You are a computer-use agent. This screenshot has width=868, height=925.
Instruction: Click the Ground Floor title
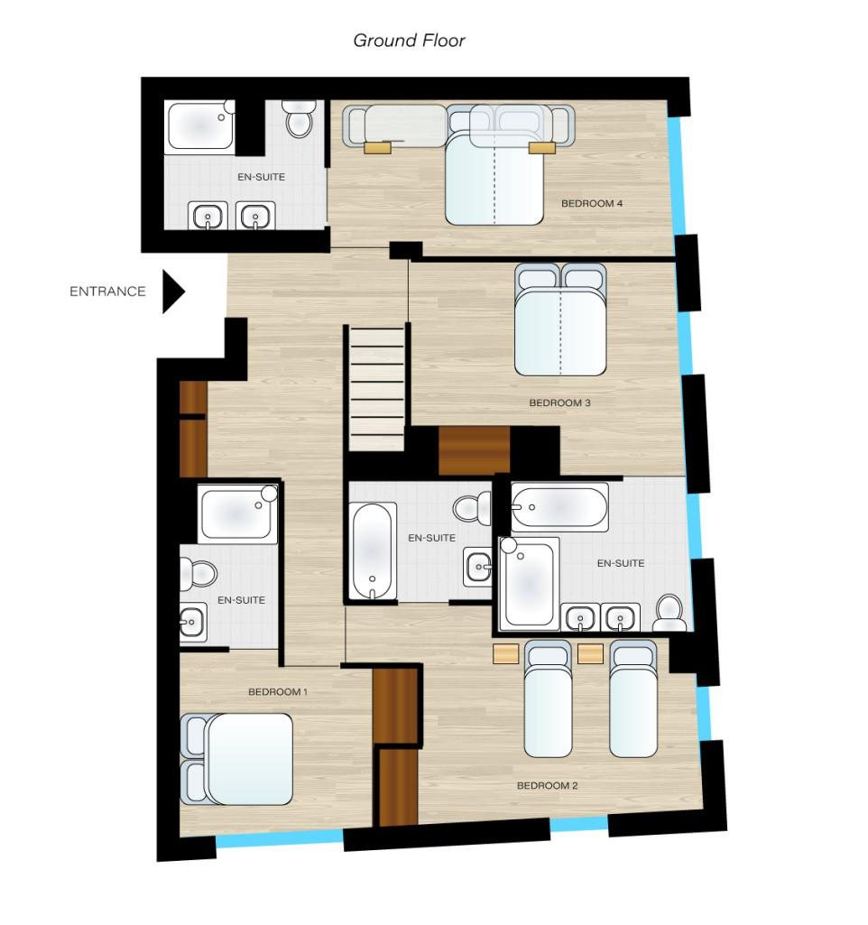409,40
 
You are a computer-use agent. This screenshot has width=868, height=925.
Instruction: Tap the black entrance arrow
173,291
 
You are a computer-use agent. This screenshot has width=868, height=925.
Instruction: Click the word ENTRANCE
107,291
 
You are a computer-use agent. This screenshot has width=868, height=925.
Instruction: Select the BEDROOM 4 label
591,204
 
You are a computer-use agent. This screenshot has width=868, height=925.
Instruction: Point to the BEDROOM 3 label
559,402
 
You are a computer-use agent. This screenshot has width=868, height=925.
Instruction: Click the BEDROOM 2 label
547,786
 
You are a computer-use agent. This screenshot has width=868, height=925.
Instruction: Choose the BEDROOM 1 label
278,692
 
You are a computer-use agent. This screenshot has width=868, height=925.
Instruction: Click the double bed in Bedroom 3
560,319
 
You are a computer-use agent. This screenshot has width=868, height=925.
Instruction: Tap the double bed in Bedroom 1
236,759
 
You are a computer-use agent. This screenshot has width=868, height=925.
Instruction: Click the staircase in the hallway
377,388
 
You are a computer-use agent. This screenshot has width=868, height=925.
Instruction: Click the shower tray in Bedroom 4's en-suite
200,125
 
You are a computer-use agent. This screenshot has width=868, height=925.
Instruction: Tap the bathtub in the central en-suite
373,551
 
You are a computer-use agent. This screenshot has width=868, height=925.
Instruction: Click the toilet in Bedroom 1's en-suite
199,574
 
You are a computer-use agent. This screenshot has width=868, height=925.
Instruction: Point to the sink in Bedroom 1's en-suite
193,622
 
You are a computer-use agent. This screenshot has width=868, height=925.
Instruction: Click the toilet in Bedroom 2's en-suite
669,613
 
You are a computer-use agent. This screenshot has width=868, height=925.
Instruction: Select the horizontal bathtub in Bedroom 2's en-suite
559,507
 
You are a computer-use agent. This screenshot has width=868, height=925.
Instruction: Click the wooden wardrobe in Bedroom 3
474,450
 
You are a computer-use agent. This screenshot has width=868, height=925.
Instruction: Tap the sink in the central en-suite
477,568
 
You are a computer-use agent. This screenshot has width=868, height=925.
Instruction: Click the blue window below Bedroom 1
280,838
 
